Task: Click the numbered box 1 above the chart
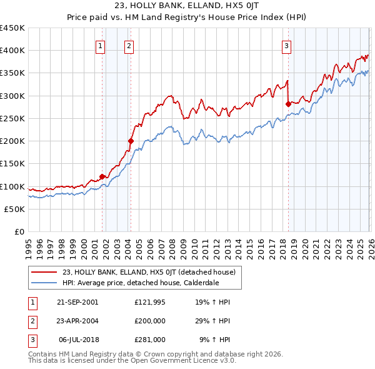point(101,45)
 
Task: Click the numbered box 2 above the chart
point(129,45)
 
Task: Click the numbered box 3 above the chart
point(286,45)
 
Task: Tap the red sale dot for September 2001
point(102,176)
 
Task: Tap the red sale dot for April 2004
point(131,141)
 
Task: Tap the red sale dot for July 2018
point(288,104)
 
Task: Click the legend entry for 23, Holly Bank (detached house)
point(149,272)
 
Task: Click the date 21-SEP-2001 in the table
point(77,302)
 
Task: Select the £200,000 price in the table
point(150,321)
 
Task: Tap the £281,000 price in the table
point(150,340)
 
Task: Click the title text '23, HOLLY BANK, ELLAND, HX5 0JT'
point(187,5)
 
